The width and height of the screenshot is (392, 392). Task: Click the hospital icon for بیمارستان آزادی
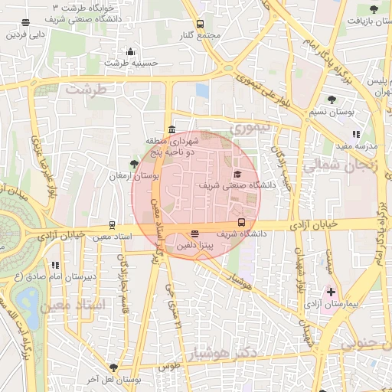click(x=331, y=292)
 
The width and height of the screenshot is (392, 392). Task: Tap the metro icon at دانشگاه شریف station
click(x=242, y=223)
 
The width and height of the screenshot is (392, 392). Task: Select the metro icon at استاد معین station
click(x=113, y=226)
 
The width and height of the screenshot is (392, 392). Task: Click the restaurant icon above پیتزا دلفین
click(x=194, y=234)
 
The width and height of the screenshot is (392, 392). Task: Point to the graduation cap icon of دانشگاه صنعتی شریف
click(x=236, y=174)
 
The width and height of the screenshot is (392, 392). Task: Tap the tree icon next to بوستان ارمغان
click(x=135, y=164)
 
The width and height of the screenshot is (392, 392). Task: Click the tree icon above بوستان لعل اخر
click(x=114, y=367)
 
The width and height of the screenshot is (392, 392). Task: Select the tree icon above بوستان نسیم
click(x=331, y=100)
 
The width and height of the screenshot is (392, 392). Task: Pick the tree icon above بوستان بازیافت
click(x=374, y=9)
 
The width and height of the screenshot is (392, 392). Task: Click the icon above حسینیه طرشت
click(x=130, y=52)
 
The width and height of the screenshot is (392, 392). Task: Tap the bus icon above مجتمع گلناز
click(x=201, y=24)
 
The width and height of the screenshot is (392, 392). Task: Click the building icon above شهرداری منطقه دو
click(x=171, y=129)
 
